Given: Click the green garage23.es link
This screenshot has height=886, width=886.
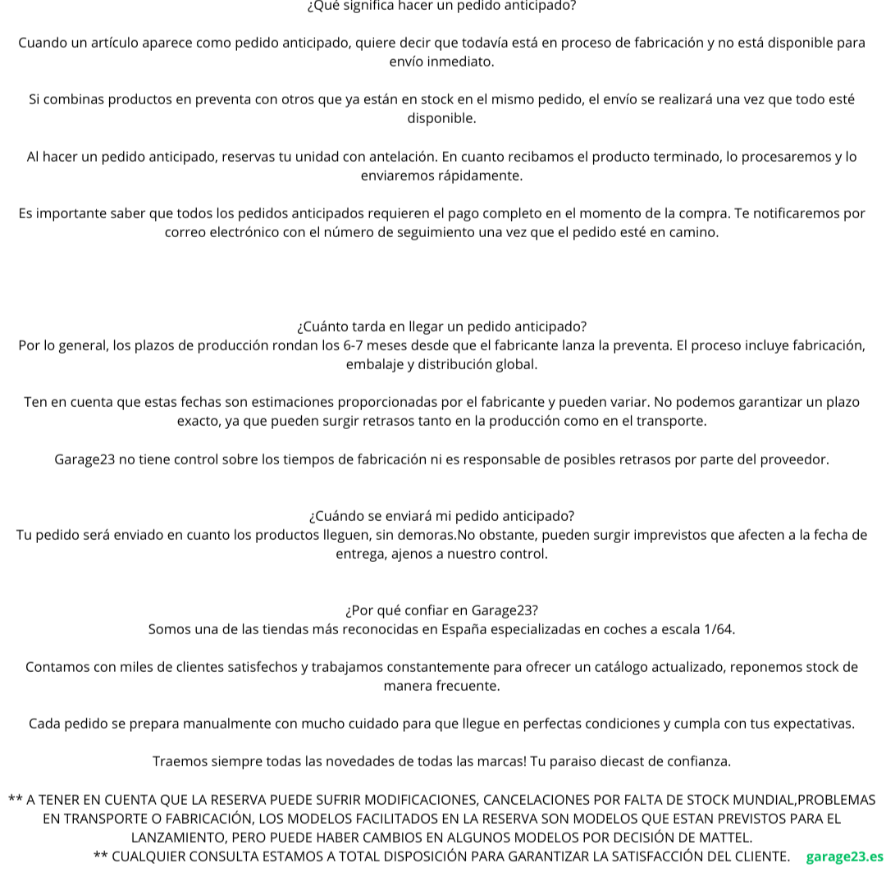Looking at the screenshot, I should pyautogui.click(x=844, y=856).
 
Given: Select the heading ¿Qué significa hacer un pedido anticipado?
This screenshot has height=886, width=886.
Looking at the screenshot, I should pyautogui.click(x=441, y=6).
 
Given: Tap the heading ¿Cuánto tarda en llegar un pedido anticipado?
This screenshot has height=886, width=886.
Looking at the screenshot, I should pyautogui.click(x=441, y=327).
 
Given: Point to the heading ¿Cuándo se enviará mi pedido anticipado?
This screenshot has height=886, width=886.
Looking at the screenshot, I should pyautogui.click(x=441, y=516).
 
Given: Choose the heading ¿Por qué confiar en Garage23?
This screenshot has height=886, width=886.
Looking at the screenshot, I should pyautogui.click(x=441, y=610).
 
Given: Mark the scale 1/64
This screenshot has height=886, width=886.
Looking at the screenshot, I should pyautogui.click(x=719, y=629).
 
